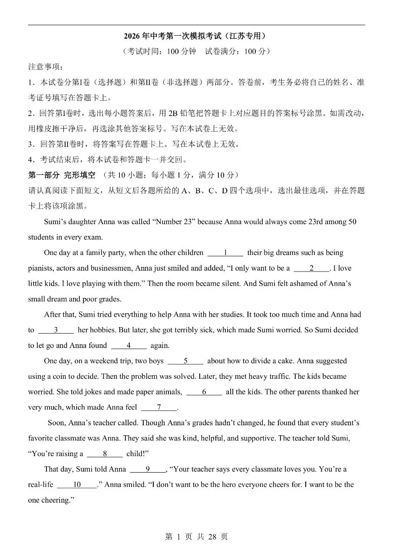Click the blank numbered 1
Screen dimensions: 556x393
pyautogui.click(x=225, y=253)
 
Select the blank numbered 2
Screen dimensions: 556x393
pyautogui.click(x=311, y=268)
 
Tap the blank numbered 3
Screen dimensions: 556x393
pyautogui.click(x=56, y=330)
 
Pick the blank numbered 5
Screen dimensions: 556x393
pyautogui.click(x=185, y=361)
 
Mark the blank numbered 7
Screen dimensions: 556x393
pyautogui.click(x=159, y=407)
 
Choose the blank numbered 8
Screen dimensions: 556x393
pyautogui.click(x=105, y=454)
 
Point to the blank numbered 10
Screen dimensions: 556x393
pyautogui.click(x=77, y=485)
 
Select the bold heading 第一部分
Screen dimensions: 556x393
pyautogui.click(x=43, y=175)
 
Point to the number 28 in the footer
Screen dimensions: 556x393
pyautogui.click(x=212, y=537)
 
